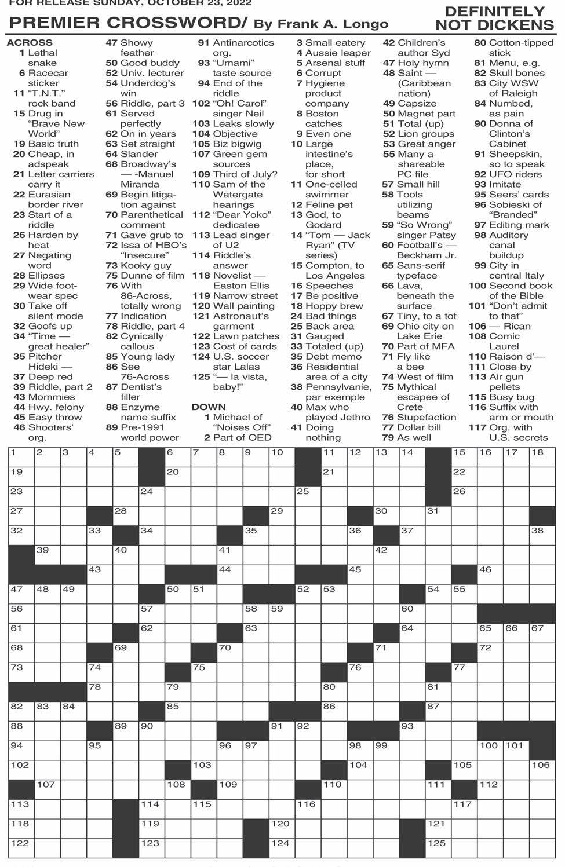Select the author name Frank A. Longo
(x=333, y=24)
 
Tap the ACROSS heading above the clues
(x=30, y=43)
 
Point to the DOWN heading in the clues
(x=208, y=407)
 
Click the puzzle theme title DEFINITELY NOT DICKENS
(x=494, y=19)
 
